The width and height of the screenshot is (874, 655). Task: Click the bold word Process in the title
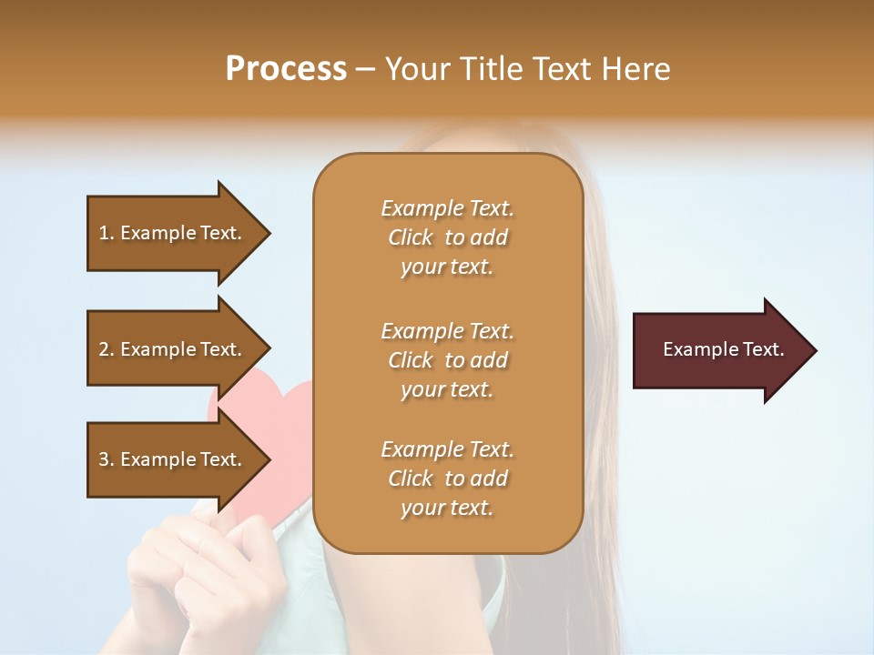[x=286, y=69]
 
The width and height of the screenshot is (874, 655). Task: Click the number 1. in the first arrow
[x=106, y=233]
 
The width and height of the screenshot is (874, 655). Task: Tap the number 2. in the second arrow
[x=106, y=349]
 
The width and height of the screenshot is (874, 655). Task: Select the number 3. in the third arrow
[x=106, y=459]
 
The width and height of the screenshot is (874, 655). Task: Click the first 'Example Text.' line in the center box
[x=447, y=208]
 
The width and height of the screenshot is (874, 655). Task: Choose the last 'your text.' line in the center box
[x=447, y=509]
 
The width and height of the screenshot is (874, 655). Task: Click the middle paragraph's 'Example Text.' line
[x=447, y=331]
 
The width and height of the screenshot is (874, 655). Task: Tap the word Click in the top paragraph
[x=411, y=237]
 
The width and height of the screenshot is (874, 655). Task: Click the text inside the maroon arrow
[x=723, y=349]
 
